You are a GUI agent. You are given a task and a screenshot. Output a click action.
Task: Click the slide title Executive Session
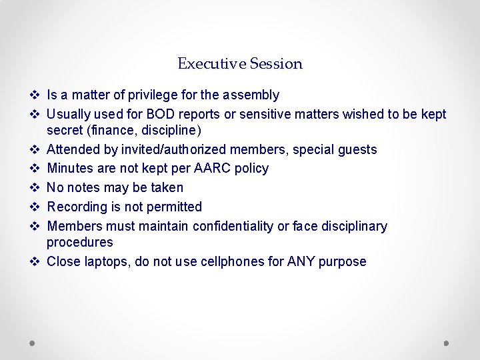coord(240,64)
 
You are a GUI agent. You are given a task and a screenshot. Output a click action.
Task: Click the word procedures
coord(80,242)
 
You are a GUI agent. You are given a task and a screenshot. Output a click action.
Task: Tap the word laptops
coord(107,261)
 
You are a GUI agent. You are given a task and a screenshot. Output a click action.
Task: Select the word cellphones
coord(227,261)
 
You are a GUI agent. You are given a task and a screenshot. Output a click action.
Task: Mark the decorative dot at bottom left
coord(33,343)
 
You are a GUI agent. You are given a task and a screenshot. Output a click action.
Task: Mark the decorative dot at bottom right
coord(446,343)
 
